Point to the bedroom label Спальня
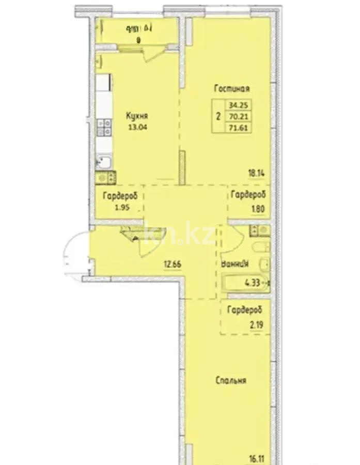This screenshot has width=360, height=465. tap(230, 381)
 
